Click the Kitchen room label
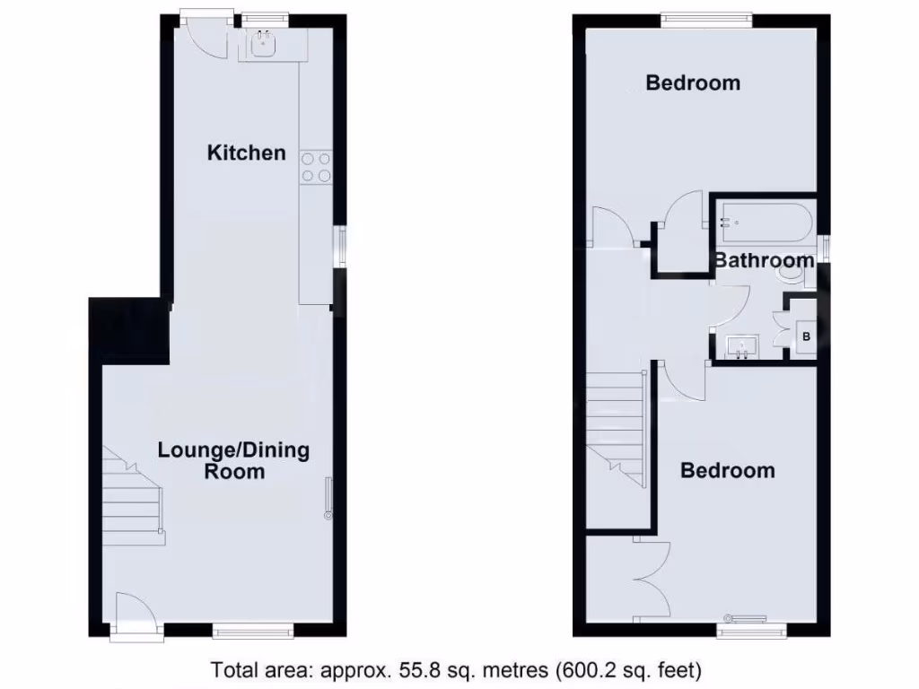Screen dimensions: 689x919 tap(246, 153)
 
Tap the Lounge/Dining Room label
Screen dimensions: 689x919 tap(233, 460)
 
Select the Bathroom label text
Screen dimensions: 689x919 tap(764, 261)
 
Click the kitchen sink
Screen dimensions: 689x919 tap(264, 44)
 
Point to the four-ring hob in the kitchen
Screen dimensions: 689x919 tap(315, 167)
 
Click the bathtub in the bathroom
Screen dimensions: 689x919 tap(764, 221)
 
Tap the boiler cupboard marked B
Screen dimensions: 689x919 tap(805, 337)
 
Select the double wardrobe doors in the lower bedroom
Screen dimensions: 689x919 tap(652, 580)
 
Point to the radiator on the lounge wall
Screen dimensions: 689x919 tap(328, 499)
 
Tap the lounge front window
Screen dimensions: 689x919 tap(253, 632)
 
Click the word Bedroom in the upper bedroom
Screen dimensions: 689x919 tap(693, 83)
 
